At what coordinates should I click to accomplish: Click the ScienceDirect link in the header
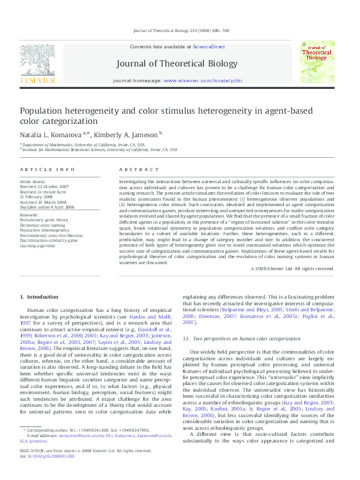click(209, 47)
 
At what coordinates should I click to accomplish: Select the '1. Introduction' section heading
click(39, 297)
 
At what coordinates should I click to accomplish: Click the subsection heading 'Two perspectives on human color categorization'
click(246, 340)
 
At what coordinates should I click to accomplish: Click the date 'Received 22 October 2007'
click(44, 186)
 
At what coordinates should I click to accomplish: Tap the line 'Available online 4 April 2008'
click(47, 207)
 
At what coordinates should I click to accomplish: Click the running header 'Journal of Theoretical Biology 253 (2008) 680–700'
click(180, 31)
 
